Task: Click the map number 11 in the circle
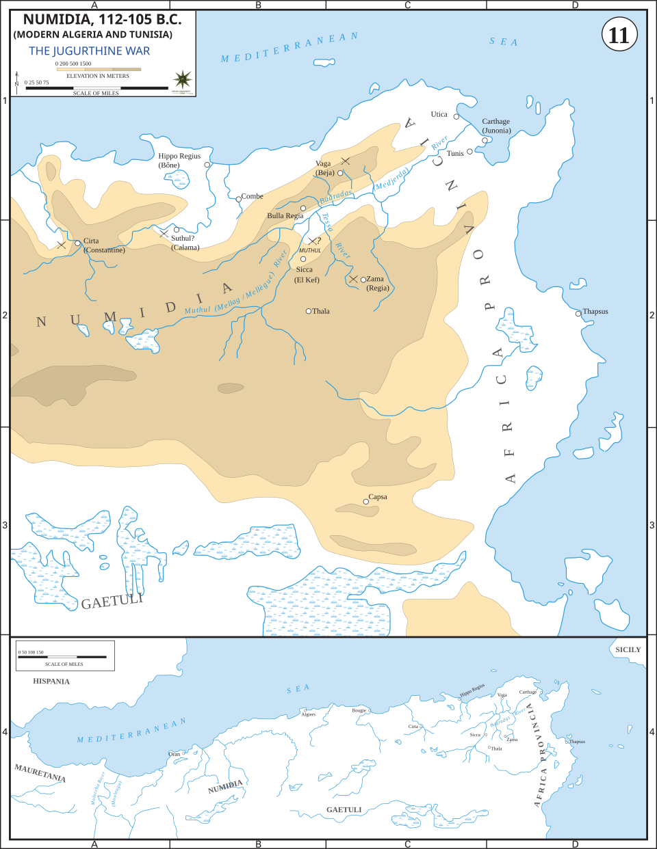[619, 35]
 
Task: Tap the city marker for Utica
[456, 116]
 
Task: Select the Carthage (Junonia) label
[496, 126]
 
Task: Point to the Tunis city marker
[470, 152]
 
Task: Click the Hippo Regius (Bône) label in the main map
[179, 160]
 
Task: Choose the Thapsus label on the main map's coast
[595, 312]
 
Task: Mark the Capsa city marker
[366, 502]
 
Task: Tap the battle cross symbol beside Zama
[353, 279]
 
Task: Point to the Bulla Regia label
[285, 216]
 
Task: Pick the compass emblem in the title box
[183, 79]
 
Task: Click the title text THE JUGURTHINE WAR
[89, 51]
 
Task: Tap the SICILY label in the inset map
[628, 649]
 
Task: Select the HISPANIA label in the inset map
[51, 682]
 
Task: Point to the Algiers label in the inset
[309, 714]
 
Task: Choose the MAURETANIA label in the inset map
[40, 773]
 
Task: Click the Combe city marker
[238, 199]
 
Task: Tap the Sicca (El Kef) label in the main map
[307, 275]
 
